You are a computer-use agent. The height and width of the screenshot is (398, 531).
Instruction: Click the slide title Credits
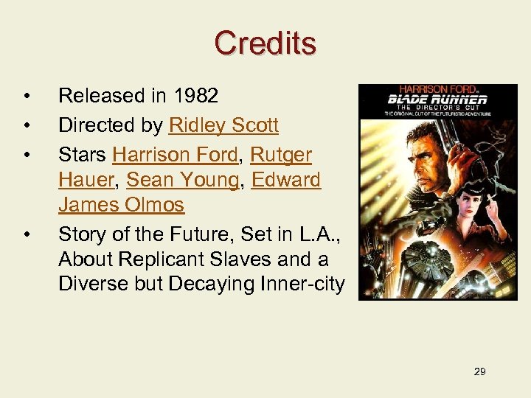pos(265,43)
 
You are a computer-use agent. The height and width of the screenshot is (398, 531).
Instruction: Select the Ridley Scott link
pos(223,126)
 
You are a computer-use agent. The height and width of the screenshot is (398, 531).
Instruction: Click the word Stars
pos(83,156)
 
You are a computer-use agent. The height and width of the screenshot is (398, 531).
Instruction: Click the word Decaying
pos(222,284)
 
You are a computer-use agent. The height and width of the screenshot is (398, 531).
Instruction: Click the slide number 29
pos(479,371)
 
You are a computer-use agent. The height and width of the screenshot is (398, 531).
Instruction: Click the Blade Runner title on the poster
pos(438,99)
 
